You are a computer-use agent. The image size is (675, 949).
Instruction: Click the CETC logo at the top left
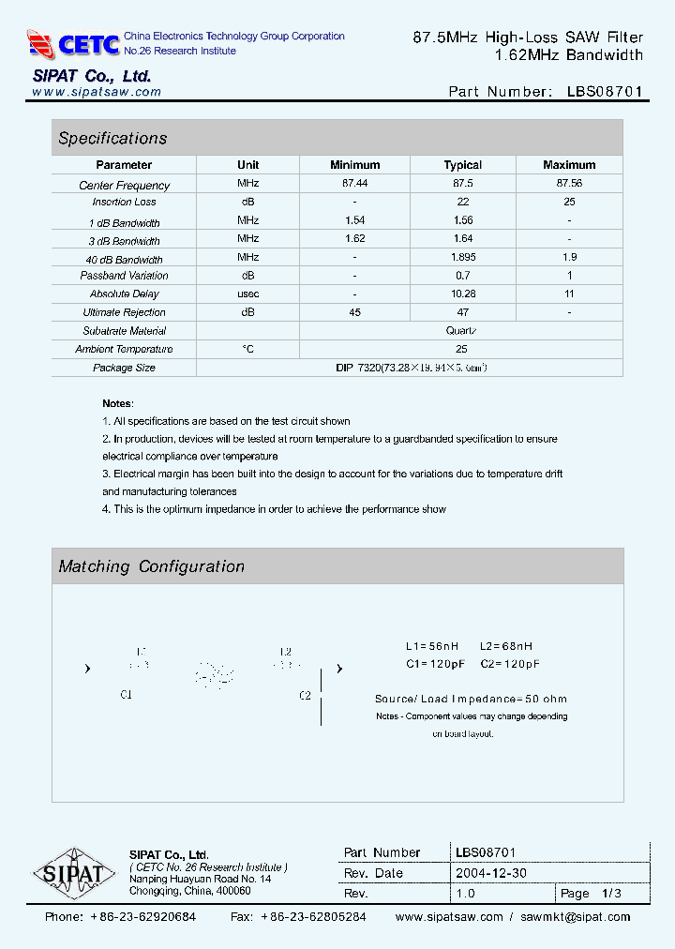pyautogui.click(x=73, y=43)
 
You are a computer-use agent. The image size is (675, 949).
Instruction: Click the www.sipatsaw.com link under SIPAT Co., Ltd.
pyautogui.click(x=96, y=92)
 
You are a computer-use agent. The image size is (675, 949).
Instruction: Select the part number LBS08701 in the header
pyautogui.click(x=605, y=92)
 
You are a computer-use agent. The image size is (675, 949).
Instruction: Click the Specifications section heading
pyautogui.click(x=112, y=138)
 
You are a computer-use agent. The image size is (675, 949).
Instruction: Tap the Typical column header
pyautogui.click(x=462, y=165)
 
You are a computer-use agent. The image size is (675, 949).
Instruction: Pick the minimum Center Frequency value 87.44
pyautogui.click(x=354, y=184)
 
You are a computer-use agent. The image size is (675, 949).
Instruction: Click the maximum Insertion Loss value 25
pyautogui.click(x=569, y=202)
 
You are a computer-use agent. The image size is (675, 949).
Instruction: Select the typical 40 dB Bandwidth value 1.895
pyautogui.click(x=462, y=257)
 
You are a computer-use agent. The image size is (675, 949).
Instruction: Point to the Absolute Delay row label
pyautogui.click(x=124, y=294)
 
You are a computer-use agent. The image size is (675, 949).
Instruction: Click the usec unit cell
pyautogui.click(x=247, y=294)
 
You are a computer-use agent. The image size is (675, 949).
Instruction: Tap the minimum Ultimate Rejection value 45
pyautogui.click(x=354, y=312)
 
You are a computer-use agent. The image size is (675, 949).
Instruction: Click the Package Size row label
pyautogui.click(x=124, y=368)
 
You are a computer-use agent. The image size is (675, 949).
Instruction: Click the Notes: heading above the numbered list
pyautogui.click(x=117, y=403)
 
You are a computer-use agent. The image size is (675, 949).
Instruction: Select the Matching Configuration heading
pyautogui.click(x=151, y=566)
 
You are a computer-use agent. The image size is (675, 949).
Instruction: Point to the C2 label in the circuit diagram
pyautogui.click(x=305, y=696)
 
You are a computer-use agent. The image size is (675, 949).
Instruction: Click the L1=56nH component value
pyautogui.click(x=432, y=646)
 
